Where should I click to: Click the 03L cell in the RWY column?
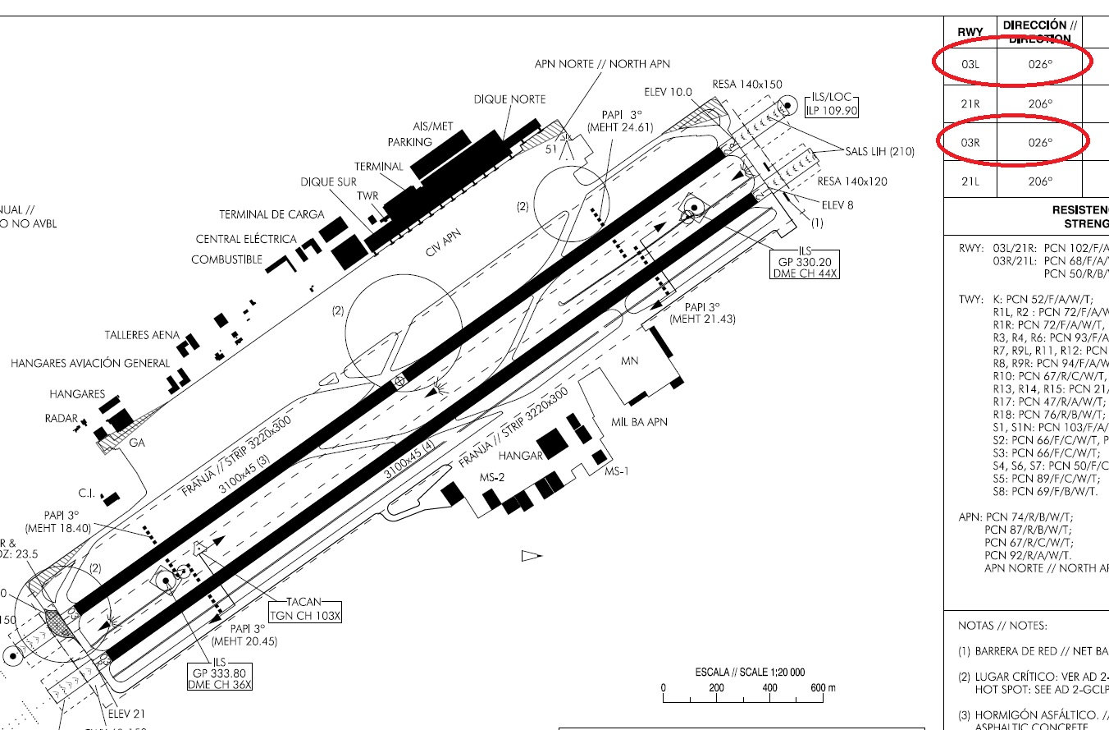970,65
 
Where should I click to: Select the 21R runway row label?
970,104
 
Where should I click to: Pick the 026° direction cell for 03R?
1039,142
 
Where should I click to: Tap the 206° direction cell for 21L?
1039,181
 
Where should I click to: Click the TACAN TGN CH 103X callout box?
305,609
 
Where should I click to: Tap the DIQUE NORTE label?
509,99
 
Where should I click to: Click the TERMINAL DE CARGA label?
272,214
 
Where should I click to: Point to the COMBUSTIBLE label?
227,259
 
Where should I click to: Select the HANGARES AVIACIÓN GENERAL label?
90,363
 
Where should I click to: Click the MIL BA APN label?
640,422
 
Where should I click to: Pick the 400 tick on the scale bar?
769,688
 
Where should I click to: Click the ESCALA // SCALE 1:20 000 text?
750,671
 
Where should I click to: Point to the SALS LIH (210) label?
879,151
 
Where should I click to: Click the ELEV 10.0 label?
673,92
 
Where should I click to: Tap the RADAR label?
61,418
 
